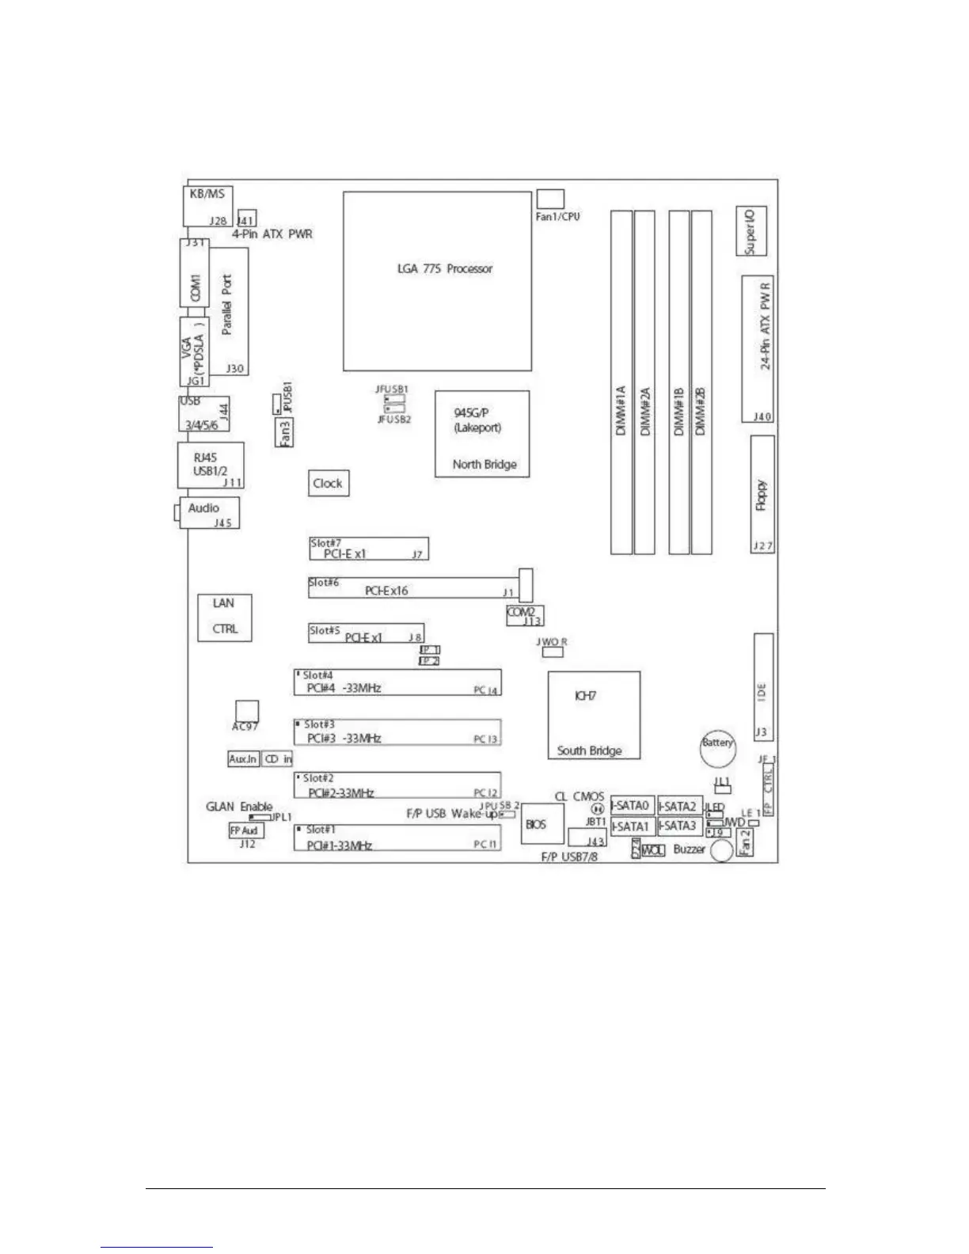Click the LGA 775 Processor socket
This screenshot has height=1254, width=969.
pos(437,281)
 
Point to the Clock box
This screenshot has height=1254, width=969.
pos(328,483)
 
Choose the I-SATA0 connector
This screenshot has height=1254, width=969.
pos(633,806)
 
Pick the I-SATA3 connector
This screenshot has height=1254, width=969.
pos(679,826)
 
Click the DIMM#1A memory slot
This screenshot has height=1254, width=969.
pos(621,382)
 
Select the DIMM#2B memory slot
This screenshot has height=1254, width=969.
pos(701,382)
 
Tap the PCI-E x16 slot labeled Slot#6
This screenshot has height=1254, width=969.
pos(412,588)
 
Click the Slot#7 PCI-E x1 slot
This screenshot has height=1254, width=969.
pos(368,549)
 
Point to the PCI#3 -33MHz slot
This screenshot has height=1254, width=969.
pos(397,732)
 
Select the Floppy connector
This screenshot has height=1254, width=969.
pos(762,495)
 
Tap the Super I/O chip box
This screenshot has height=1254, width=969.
pos(751,231)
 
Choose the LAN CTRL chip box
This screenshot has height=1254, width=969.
pos(225,617)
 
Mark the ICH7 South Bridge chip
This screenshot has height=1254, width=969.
pos(595,716)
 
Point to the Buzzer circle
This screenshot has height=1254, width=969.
pos(721,852)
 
